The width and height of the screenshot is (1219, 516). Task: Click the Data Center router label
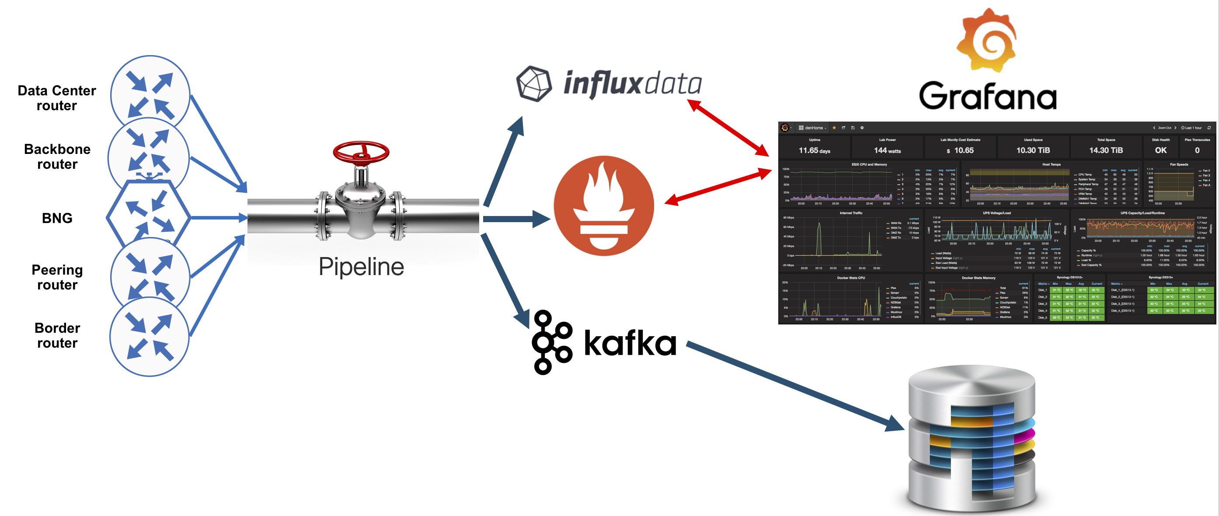coord(57,98)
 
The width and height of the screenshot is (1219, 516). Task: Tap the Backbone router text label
coord(57,156)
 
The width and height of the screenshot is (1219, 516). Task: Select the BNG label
coord(57,218)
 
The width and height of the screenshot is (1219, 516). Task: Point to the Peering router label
coord(57,277)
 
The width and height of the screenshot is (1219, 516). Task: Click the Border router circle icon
coord(150,337)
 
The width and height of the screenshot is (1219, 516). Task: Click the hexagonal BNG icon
coord(149,216)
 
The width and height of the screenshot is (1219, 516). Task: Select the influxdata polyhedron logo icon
coord(534,84)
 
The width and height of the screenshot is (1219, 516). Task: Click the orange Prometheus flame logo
coord(603,206)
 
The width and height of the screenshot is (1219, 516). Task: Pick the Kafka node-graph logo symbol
coord(551,342)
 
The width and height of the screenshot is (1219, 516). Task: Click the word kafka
coord(630,343)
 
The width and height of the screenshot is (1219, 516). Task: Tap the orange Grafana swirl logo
coord(987,40)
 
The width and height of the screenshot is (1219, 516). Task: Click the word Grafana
coord(988,96)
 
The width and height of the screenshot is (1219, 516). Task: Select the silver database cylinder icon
coord(972,438)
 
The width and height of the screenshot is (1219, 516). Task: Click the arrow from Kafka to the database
coord(795,386)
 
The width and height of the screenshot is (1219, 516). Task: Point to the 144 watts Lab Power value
coord(887,150)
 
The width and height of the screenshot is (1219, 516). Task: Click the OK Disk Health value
coord(1160,150)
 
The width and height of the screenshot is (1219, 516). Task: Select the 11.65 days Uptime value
coord(815,150)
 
